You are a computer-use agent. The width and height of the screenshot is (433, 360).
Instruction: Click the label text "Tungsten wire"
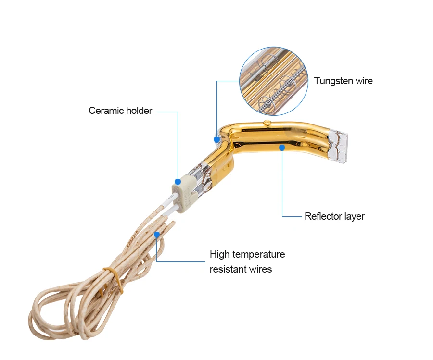(x=343, y=81)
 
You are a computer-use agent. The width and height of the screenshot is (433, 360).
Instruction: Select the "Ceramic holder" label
(x=120, y=111)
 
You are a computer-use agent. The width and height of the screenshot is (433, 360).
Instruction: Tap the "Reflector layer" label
(x=334, y=216)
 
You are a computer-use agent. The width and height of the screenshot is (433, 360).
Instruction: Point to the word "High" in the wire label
(x=219, y=254)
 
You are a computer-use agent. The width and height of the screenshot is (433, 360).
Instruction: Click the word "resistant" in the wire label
(x=228, y=269)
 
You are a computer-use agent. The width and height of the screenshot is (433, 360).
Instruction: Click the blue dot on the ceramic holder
(x=178, y=182)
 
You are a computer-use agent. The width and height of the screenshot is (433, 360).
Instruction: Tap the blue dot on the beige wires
(x=157, y=234)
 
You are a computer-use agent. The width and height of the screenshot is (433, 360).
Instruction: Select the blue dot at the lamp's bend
(x=217, y=139)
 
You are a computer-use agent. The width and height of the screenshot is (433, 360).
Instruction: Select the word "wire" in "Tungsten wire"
(x=364, y=81)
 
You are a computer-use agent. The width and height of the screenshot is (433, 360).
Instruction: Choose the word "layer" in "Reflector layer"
(x=354, y=216)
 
